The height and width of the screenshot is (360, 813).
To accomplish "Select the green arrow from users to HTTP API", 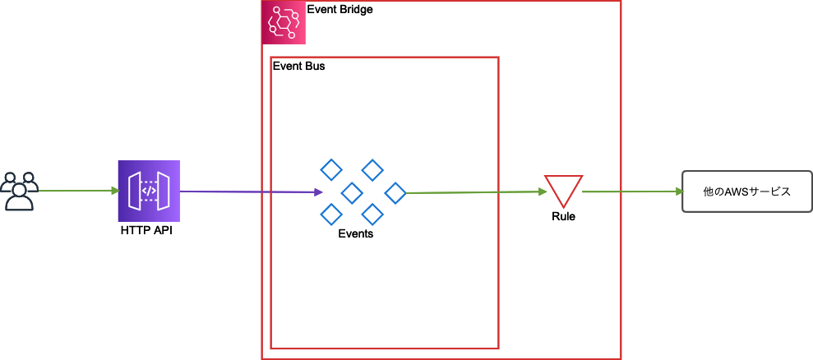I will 78,191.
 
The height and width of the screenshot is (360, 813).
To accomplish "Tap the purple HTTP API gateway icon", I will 149,191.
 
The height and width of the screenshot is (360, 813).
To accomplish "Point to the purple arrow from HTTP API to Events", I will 247,192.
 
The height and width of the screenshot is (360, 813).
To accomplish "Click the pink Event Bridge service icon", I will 284,22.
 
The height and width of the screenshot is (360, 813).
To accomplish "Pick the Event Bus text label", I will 298,67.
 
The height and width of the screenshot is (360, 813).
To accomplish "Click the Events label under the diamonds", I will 355,233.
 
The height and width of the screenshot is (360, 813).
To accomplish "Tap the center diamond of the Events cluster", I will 352,193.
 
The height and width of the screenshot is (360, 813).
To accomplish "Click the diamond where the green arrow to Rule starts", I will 395,193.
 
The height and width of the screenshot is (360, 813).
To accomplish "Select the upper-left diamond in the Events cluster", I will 330,170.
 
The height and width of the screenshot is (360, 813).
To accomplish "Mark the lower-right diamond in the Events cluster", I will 373,215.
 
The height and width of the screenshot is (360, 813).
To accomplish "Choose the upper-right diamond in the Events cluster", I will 373,170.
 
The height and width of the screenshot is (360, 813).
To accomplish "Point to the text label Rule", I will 564,217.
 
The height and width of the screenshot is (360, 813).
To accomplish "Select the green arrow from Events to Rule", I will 477,192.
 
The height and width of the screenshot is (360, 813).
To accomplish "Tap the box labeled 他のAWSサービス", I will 746,192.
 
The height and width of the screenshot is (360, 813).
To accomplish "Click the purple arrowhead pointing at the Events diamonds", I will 317,193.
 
